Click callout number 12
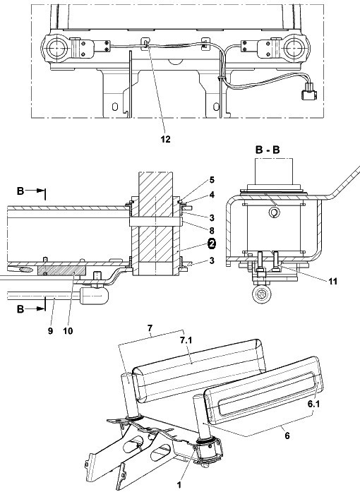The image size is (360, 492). point(166,139)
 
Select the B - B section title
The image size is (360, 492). point(268,150)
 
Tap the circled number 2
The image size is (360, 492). point(212,244)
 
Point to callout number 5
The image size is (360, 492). point(212,180)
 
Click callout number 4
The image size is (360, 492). point(212,195)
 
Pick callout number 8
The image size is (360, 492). point(212,231)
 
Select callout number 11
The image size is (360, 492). point(333,281)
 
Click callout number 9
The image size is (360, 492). point(51,331)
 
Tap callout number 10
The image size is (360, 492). point(68,331)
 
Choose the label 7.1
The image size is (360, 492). point(186,340)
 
